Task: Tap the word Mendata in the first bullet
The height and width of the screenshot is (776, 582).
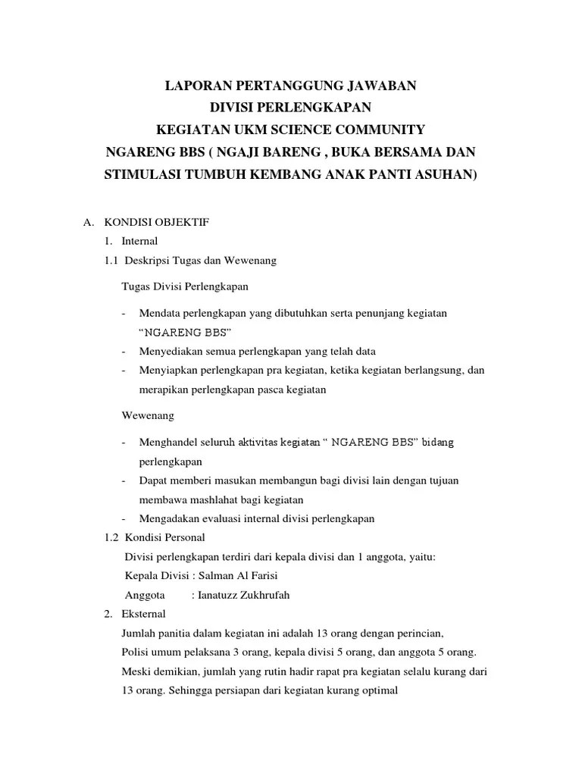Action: point(161,313)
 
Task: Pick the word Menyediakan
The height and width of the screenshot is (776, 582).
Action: point(170,352)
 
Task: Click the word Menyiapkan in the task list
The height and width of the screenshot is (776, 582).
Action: point(167,371)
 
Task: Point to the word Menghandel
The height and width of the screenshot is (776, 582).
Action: point(170,442)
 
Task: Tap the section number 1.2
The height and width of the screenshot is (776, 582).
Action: point(111,538)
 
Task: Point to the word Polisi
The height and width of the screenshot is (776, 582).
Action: point(134,652)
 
